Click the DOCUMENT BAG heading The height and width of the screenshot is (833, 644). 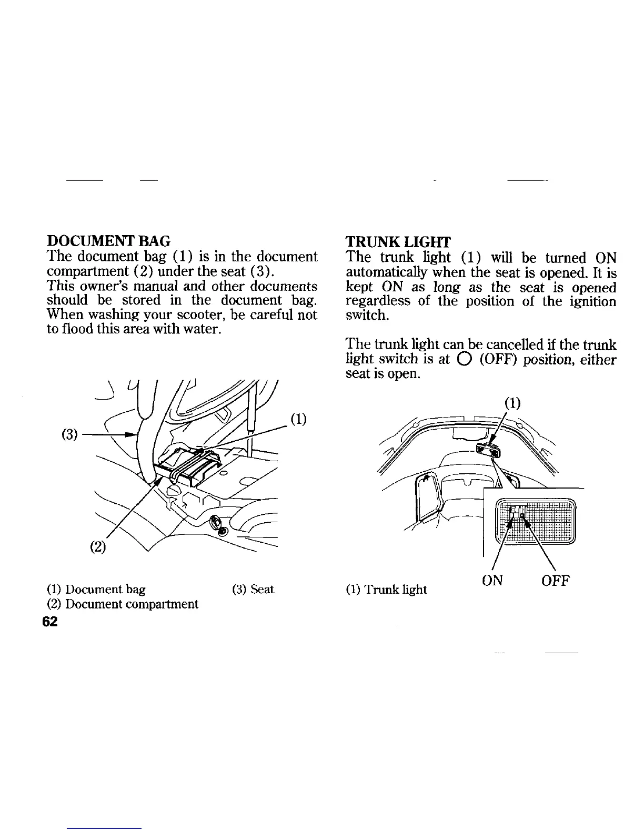tap(108, 241)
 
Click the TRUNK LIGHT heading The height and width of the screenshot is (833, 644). tap(398, 242)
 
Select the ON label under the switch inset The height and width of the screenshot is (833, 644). tap(492, 581)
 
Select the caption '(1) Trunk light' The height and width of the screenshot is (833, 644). tap(386, 590)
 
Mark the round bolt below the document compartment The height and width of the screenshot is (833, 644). tap(217, 524)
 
